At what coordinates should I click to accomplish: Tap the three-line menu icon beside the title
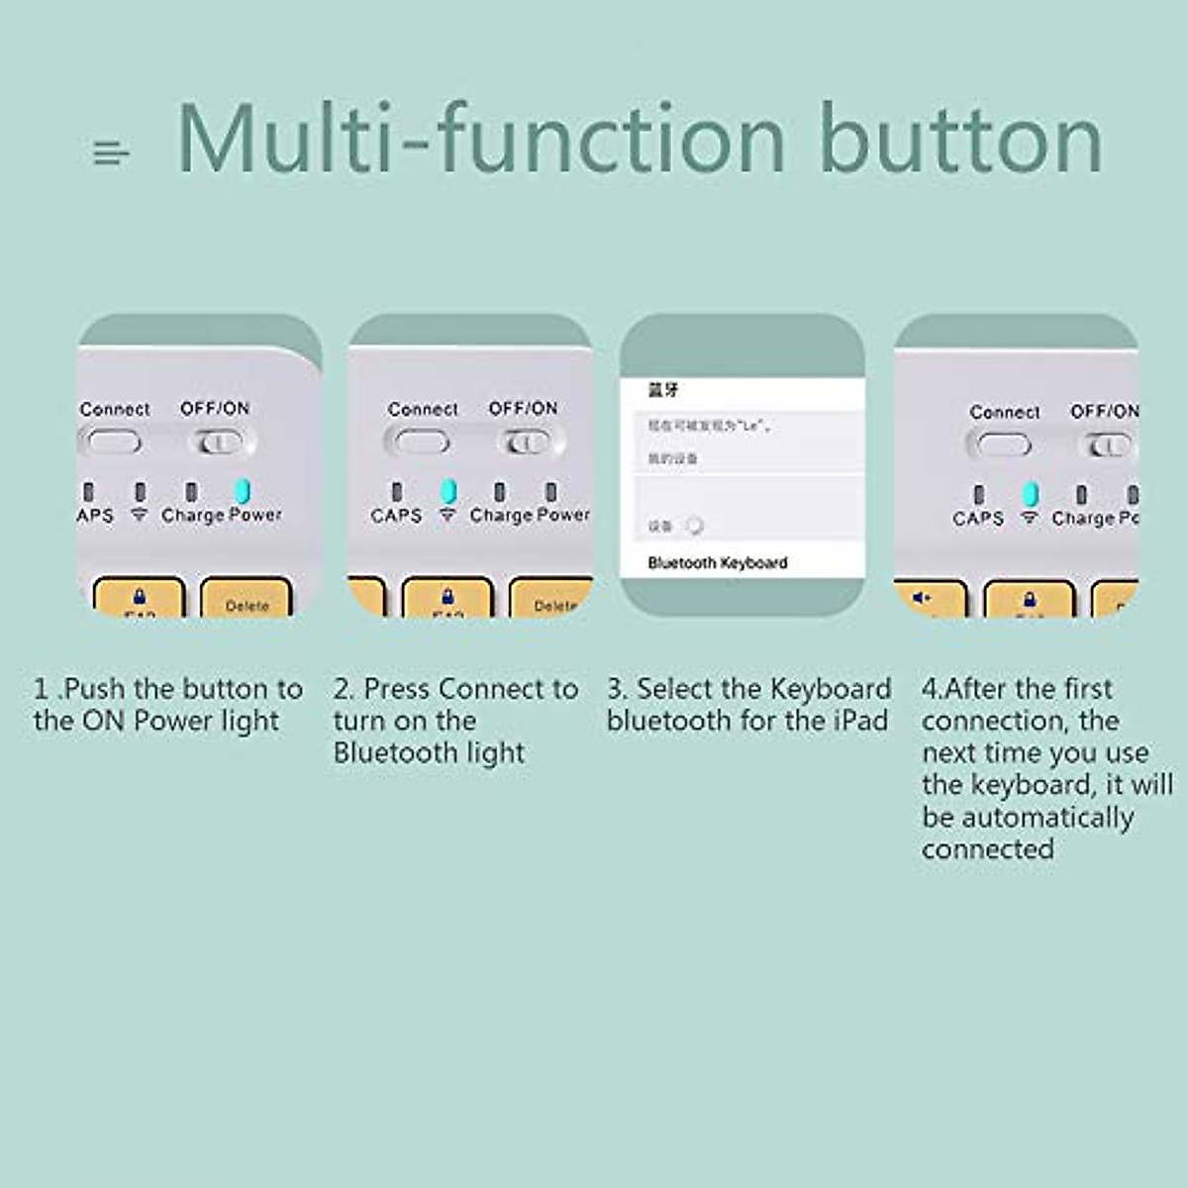(110, 153)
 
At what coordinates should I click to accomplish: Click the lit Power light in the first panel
(243, 491)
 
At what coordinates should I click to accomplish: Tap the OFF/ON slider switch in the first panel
(220, 443)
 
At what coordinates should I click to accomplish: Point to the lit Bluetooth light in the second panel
(447, 491)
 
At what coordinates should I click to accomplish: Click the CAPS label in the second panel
(396, 516)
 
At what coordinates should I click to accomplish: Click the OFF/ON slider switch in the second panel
(528, 443)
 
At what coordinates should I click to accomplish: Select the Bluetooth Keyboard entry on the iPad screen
(718, 562)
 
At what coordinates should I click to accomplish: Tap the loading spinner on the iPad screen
(695, 526)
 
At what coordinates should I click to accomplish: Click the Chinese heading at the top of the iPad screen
(663, 390)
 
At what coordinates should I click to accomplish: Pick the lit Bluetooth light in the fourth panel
(1030, 494)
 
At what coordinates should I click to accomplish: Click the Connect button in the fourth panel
(1004, 445)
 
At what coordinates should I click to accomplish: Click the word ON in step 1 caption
(103, 721)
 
